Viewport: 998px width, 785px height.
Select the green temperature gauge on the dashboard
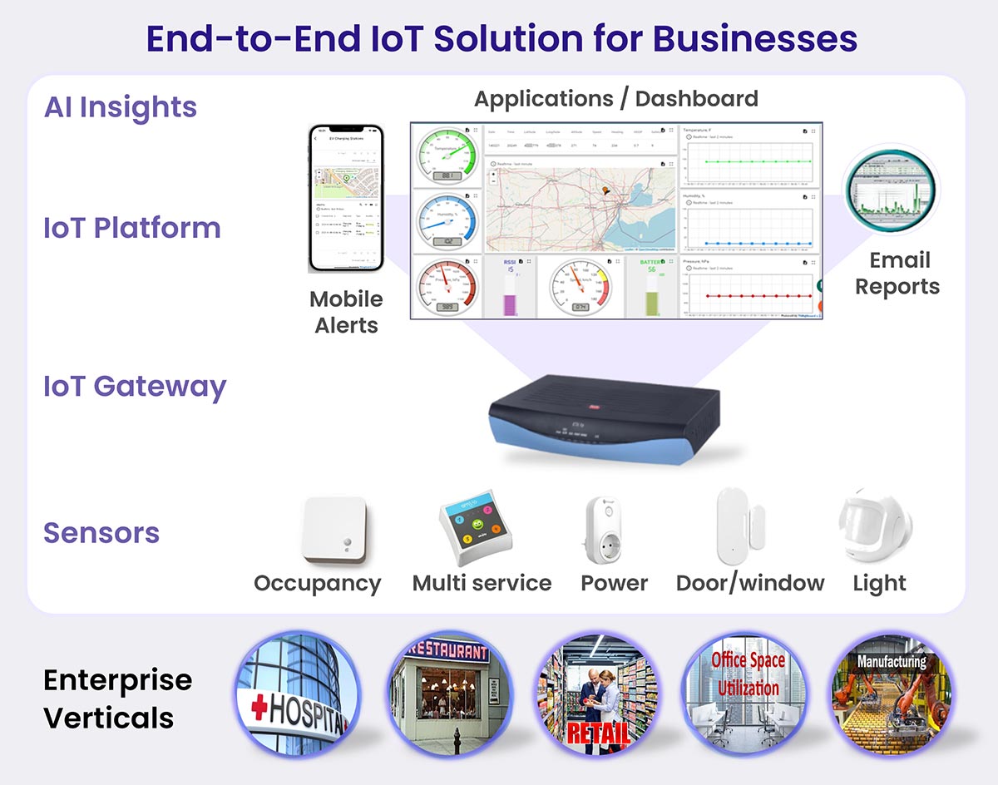point(447,156)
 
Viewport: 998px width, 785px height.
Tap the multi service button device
point(475,527)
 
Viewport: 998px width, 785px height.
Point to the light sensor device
point(875,526)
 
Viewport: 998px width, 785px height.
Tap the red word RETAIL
point(594,733)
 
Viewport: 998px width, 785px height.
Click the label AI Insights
point(121,107)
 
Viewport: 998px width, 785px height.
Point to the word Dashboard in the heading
point(697,99)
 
